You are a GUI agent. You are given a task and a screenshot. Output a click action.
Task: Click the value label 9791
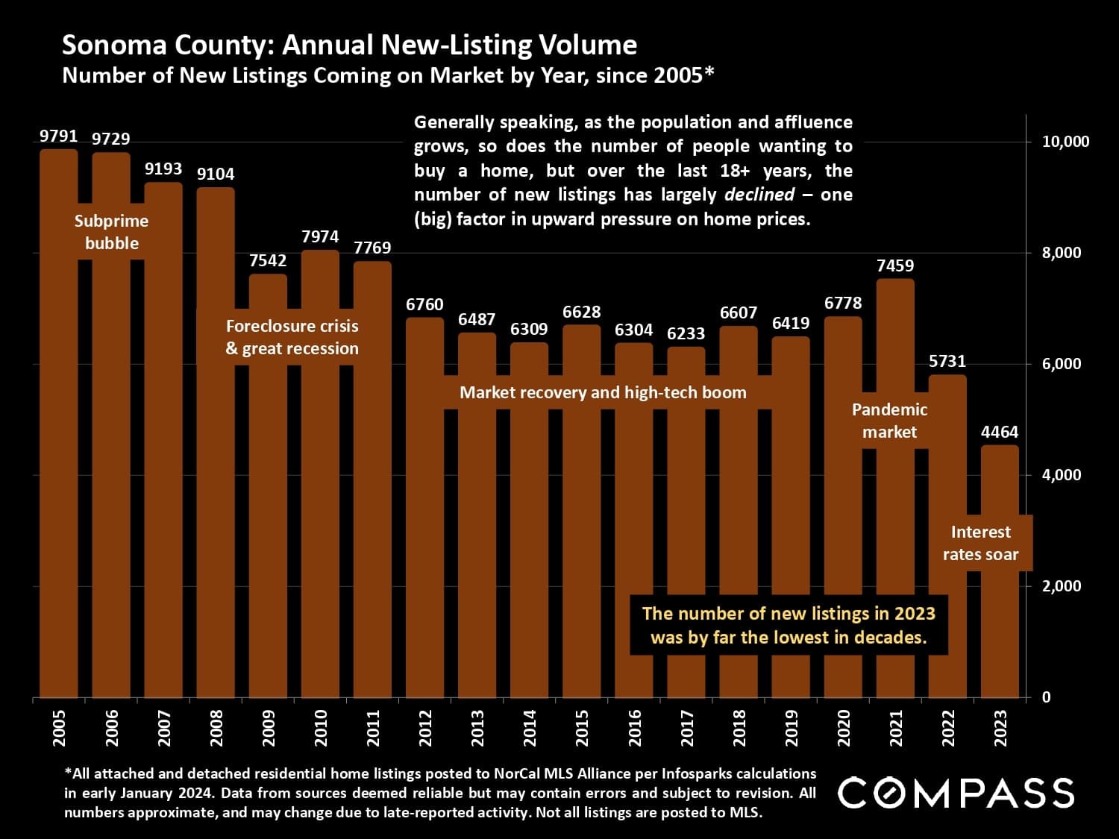coord(58,136)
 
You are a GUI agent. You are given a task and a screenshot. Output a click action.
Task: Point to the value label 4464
coord(1000,432)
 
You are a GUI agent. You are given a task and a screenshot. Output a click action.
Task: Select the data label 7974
coord(320,236)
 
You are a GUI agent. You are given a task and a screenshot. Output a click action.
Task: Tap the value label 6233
coord(686,333)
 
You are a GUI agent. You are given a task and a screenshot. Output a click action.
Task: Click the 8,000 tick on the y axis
coord(1061,253)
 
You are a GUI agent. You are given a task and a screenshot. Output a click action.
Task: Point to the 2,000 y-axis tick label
coord(1061,586)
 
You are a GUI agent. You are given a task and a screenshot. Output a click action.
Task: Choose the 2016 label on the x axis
coord(635,727)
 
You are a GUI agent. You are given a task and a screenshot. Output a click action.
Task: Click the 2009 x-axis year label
coord(269,727)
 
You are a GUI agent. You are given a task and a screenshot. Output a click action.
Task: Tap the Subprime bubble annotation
coord(112,232)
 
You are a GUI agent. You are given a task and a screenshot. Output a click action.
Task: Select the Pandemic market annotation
coord(889,421)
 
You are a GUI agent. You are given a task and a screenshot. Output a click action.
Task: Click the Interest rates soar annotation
coord(980,543)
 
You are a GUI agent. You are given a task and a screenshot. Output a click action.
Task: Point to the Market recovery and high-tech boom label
coord(603,392)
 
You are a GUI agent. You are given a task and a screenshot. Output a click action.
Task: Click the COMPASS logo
coord(956,793)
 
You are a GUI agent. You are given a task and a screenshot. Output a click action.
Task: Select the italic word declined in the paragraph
coord(759,195)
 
